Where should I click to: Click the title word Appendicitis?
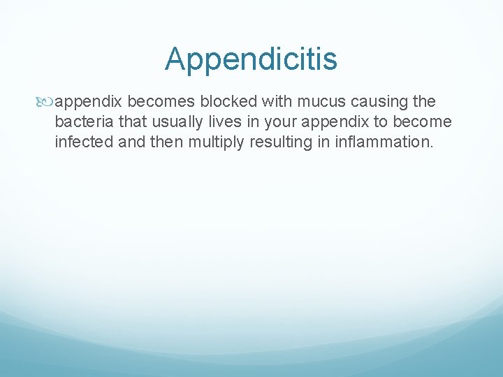(x=251, y=59)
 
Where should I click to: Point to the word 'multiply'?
(x=210, y=143)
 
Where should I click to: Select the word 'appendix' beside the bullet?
(x=85, y=103)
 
